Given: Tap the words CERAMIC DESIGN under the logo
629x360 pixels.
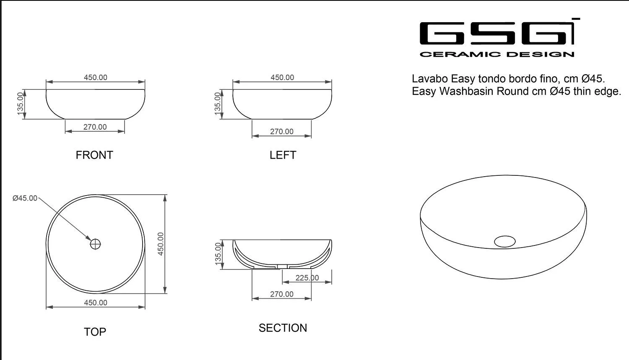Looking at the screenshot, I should click(x=497, y=54).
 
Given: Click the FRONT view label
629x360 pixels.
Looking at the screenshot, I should click(x=94, y=155).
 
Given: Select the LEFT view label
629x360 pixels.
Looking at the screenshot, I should click(x=283, y=155).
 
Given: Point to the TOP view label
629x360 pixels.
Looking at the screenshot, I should click(x=95, y=332).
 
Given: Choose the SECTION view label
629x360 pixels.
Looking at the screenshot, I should click(x=283, y=328).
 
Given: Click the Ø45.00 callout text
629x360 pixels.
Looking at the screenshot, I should click(x=25, y=198).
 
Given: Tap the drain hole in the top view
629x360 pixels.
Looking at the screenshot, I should click(x=96, y=244).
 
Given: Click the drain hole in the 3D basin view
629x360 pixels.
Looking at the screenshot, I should click(x=504, y=241).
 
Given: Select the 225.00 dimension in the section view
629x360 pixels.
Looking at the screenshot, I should click(x=307, y=278).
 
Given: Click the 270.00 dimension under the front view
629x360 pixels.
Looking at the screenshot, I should click(x=95, y=127).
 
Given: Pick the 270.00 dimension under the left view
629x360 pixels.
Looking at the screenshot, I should click(x=282, y=131).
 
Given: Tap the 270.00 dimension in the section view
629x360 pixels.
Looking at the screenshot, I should click(x=282, y=294).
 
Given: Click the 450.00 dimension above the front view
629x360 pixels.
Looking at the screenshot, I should click(x=96, y=77).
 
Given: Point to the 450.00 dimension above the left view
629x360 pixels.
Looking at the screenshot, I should click(x=282, y=77).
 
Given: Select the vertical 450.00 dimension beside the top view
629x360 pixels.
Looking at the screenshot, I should click(x=161, y=244).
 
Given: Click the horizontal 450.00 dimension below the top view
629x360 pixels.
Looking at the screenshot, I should click(x=96, y=303).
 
